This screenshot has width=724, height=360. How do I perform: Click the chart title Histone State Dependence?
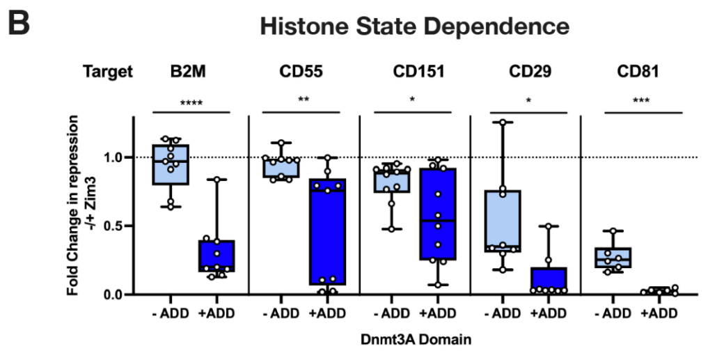(414, 27)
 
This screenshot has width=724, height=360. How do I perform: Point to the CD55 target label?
(301, 72)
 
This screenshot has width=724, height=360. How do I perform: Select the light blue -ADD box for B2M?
(171, 164)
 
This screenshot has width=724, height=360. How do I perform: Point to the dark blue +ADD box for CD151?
(438, 214)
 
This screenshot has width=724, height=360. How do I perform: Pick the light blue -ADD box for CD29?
(503, 221)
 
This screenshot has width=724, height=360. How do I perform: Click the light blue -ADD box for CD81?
(613, 258)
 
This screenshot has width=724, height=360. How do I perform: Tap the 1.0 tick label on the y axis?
(112, 158)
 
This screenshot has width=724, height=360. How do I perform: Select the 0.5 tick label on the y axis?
(112, 226)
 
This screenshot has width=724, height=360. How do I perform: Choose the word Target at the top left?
(107, 72)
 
